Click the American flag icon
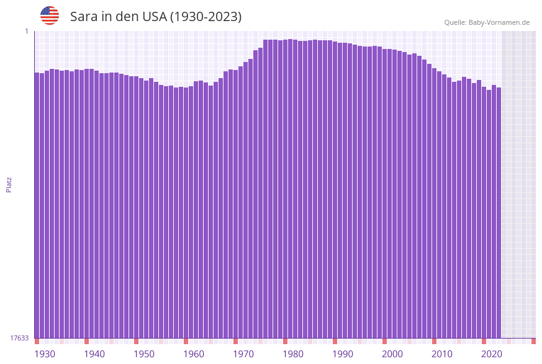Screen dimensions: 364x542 coord(50,16)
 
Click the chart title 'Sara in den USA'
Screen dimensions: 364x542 coord(156,17)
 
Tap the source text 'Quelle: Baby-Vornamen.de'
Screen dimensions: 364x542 coord(487,22)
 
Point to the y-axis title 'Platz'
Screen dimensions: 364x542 coord(9,185)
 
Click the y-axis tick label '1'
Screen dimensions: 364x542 coord(27,31)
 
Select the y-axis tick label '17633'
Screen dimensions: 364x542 coord(19,338)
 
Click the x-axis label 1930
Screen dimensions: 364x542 coord(45,354)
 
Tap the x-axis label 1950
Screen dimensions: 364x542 coord(144,354)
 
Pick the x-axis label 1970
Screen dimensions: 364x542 coord(243,354)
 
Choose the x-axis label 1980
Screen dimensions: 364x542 coord(293,354)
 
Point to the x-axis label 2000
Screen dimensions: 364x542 coord(392,354)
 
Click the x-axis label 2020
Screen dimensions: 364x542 coord(492,354)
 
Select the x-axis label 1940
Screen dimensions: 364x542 coord(94,354)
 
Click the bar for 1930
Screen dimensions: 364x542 coord(37,205)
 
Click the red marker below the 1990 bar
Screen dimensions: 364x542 coord(335,341)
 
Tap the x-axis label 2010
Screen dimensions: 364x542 coord(442,354)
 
